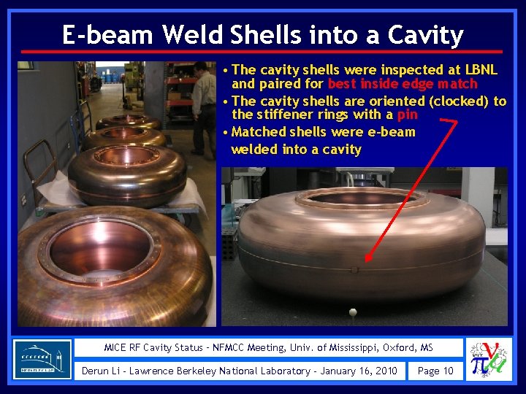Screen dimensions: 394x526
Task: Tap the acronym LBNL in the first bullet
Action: (x=480, y=70)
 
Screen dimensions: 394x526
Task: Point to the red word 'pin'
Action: (x=407, y=115)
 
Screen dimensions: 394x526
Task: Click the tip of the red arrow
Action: (x=367, y=260)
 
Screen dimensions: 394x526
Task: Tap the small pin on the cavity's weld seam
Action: (x=354, y=270)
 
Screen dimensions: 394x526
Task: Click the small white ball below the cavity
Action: (x=353, y=312)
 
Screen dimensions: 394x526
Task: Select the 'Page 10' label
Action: (x=435, y=371)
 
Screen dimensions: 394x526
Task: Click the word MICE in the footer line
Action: (x=117, y=348)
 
